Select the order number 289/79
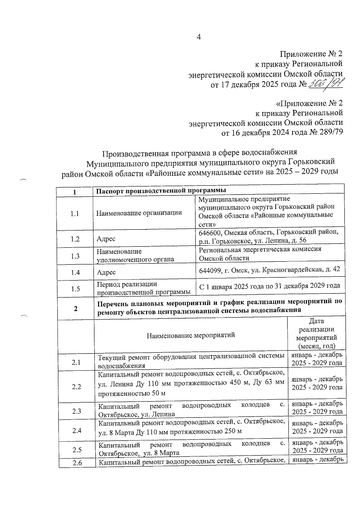(x=330, y=133)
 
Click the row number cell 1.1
(x=74, y=214)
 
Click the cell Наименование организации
(x=139, y=213)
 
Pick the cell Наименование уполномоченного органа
(x=135, y=256)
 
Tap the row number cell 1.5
(x=75, y=289)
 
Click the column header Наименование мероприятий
(x=190, y=335)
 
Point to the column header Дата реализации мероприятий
(x=316, y=334)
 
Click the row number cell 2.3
(x=76, y=411)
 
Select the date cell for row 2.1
(x=317, y=359)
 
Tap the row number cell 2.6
(x=77, y=463)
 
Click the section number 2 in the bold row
(x=76, y=309)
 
